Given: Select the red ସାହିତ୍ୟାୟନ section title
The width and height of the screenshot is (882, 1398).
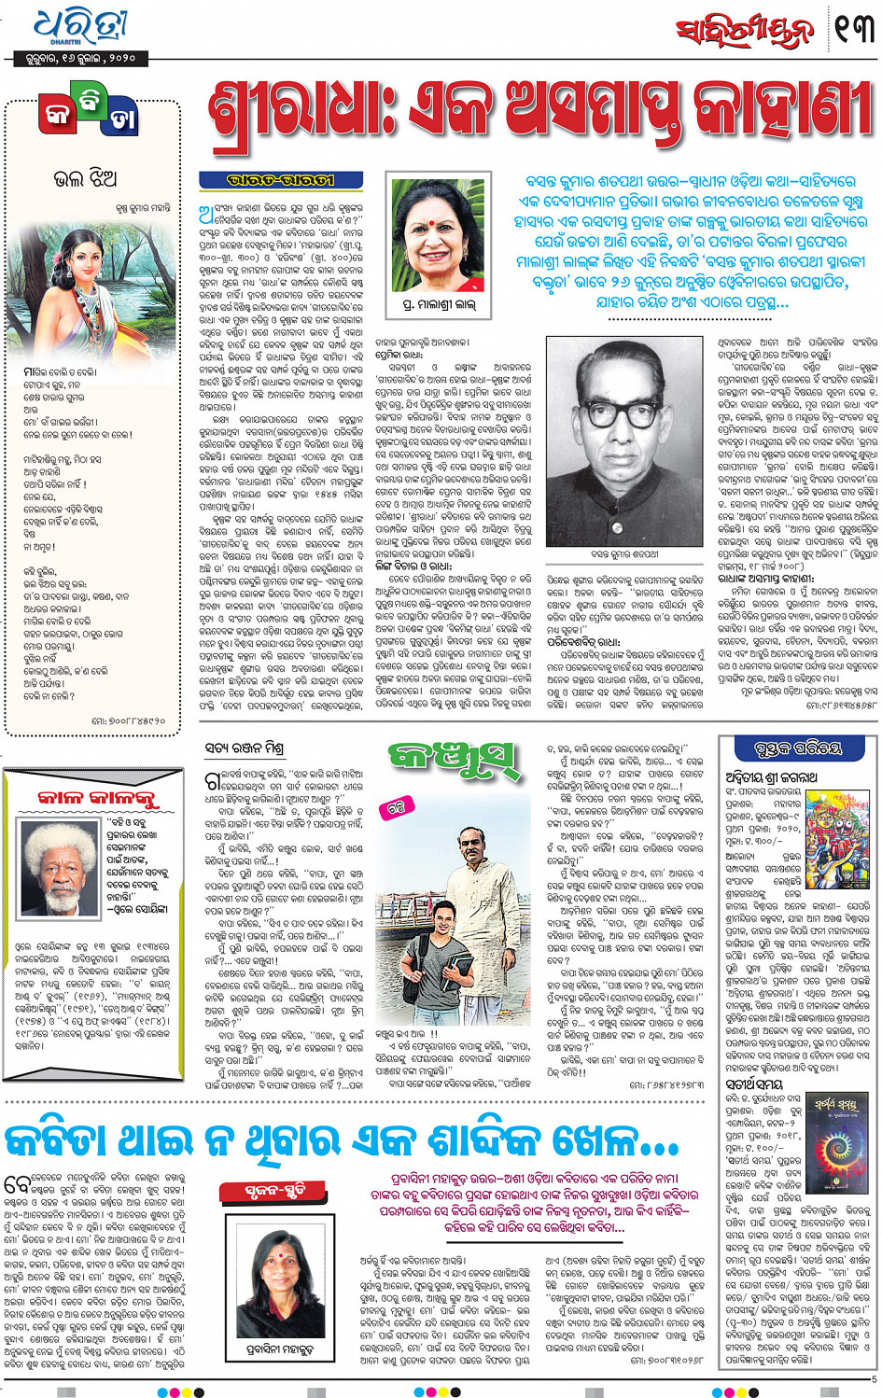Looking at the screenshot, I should point(745,33).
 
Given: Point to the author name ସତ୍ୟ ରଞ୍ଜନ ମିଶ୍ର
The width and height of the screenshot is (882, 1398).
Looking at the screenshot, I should point(244,748).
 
